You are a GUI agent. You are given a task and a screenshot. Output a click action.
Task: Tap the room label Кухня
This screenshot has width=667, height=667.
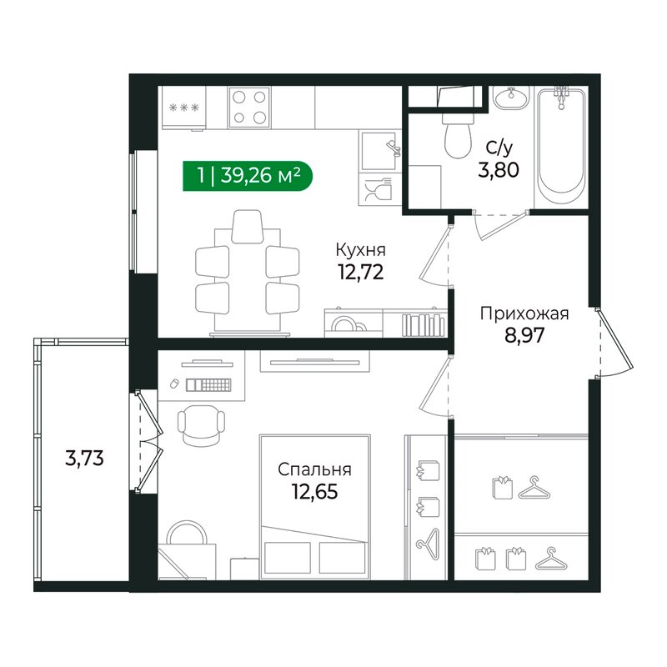tap(360, 249)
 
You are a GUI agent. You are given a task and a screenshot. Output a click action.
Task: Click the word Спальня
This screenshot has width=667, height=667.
tap(315, 469)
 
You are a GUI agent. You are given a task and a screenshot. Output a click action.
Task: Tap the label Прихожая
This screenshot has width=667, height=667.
tap(524, 313)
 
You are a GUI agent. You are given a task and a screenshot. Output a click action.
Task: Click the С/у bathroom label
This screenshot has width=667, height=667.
tap(499, 149)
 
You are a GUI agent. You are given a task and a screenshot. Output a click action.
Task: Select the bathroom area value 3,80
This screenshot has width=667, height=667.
tap(499, 172)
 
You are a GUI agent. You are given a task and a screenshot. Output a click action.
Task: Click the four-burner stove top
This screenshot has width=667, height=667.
tap(249, 107)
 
